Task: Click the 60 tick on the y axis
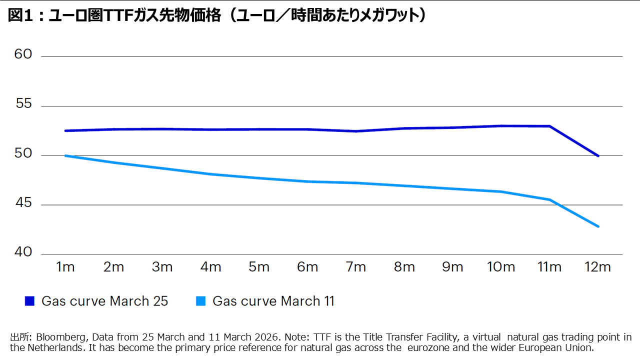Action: click(23, 54)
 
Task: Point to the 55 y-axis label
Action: click(23, 104)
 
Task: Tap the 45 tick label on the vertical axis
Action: click(23, 203)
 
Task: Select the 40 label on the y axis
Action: click(23, 252)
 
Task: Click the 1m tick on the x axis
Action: click(65, 267)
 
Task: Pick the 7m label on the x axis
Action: click(356, 267)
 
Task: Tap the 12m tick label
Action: click(598, 267)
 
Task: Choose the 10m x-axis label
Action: click(501, 267)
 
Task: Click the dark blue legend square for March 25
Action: click(30, 301)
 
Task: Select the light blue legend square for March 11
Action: click(201, 301)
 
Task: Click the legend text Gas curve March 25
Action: click(104, 301)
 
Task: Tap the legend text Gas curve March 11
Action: click(273, 301)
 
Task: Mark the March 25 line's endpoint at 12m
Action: click(598, 155)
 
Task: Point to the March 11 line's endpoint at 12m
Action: click(598, 226)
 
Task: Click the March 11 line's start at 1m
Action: click(65, 155)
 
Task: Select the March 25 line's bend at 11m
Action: click(549, 126)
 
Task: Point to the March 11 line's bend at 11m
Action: click(549, 200)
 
